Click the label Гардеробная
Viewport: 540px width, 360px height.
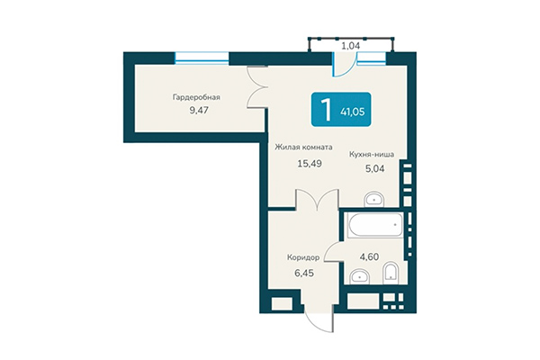click(197, 98)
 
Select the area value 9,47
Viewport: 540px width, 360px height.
click(197, 114)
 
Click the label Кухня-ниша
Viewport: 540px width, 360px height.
click(372, 154)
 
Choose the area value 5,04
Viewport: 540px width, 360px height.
click(372, 168)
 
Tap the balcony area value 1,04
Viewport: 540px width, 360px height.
click(350, 43)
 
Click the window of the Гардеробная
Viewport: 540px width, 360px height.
click(200, 58)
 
